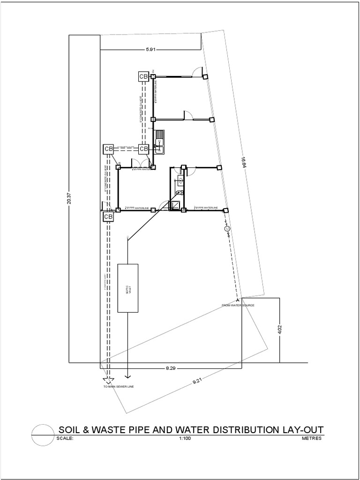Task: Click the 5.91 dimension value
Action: tap(150, 49)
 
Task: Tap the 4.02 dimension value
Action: tap(280, 329)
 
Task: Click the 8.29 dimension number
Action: tap(170, 368)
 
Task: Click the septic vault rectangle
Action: tap(127, 288)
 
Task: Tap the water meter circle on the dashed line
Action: tap(227, 228)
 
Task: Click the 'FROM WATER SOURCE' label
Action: tap(238, 305)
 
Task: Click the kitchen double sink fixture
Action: tap(160, 141)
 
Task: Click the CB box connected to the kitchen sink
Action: tap(143, 149)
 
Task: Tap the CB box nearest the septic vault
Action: tap(108, 217)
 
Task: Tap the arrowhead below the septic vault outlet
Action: tap(128, 376)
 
